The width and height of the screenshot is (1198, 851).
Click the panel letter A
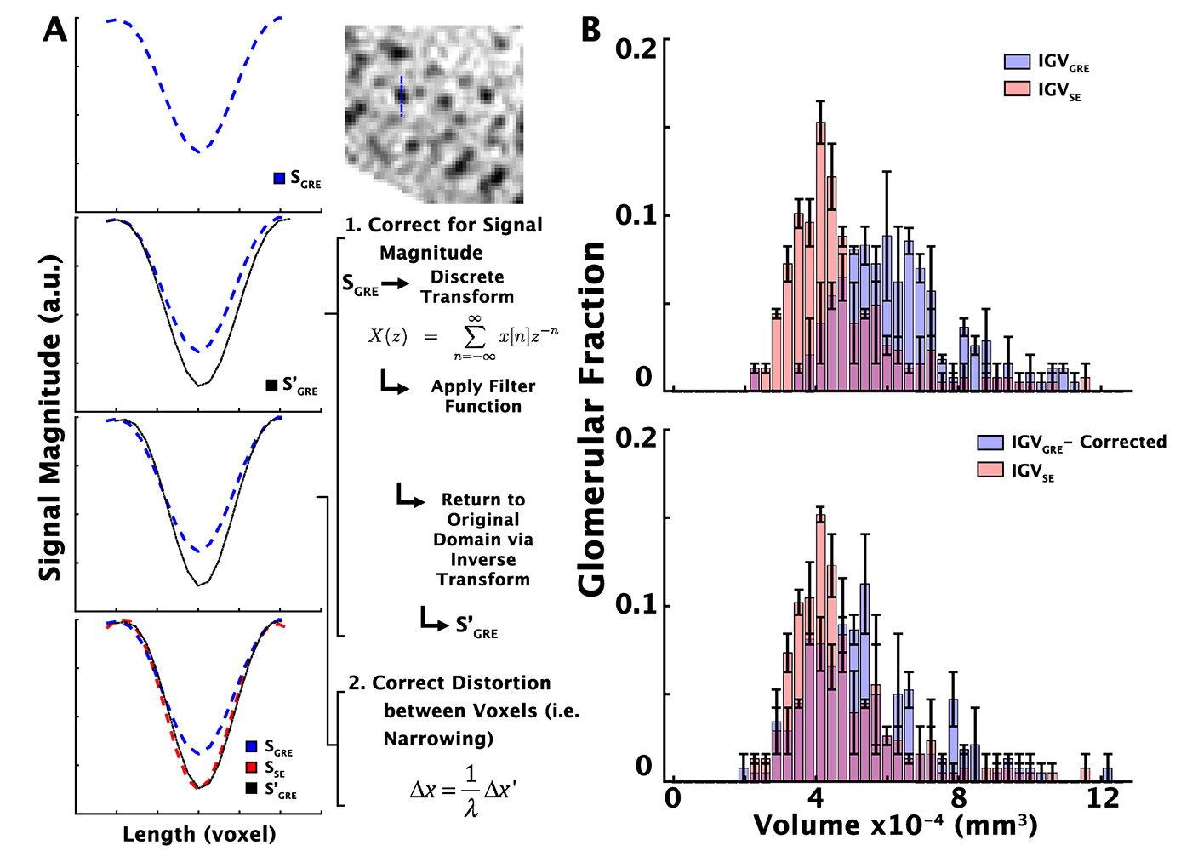tap(54, 30)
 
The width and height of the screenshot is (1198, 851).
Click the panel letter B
tap(590, 30)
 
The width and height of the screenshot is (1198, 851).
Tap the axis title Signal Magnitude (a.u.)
tap(51, 417)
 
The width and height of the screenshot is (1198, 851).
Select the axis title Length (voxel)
tap(199, 834)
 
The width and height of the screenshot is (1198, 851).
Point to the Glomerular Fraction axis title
tap(592, 417)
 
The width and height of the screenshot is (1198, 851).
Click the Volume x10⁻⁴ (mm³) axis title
tap(895, 825)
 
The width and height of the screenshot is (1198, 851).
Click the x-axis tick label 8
tap(959, 799)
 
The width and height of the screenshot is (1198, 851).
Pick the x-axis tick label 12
tap(1104, 799)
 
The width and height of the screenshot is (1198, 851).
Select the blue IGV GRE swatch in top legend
tap(1017, 61)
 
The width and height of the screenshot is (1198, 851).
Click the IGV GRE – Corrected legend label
tap(1088, 443)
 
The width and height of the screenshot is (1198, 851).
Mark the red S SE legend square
tap(252, 768)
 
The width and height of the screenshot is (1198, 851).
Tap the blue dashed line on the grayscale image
tap(402, 96)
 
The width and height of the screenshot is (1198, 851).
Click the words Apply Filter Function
tap(482, 396)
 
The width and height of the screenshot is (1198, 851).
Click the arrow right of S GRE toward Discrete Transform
tap(395, 283)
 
